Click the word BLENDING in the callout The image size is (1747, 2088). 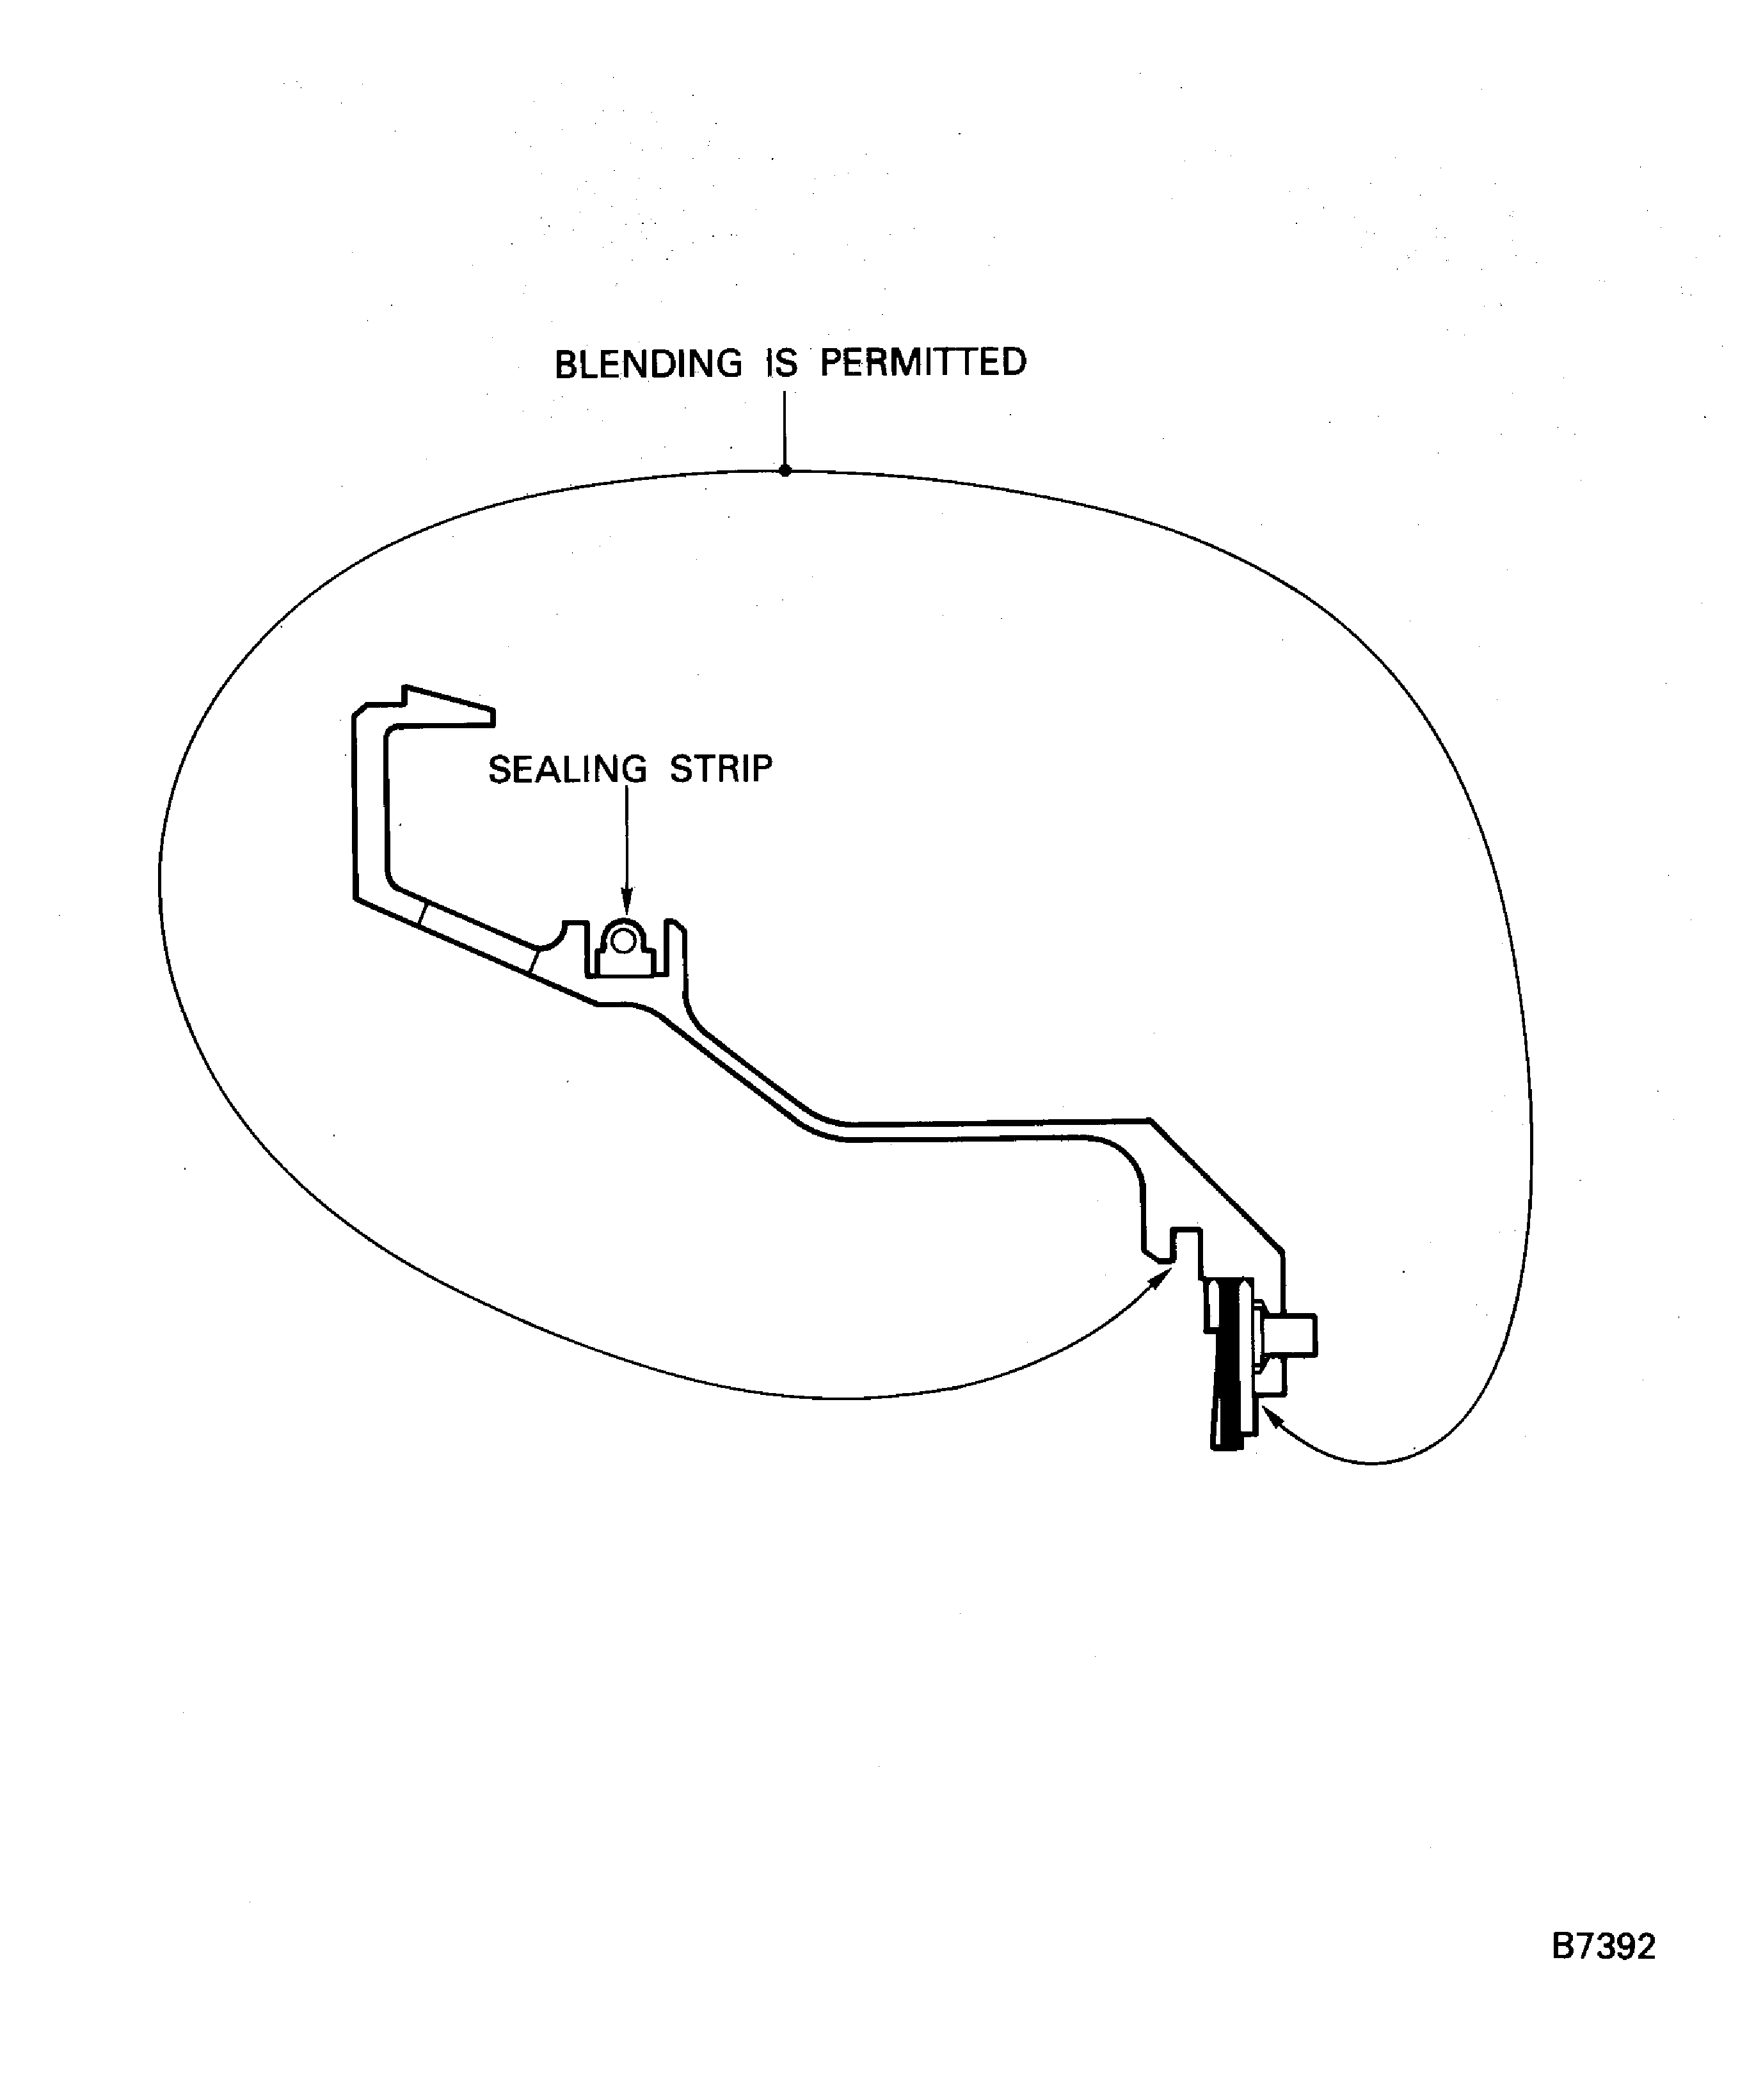[x=648, y=364]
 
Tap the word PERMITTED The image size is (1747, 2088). [x=923, y=362]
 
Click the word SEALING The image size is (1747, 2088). [x=567, y=770]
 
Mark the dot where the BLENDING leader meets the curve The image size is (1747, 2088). [x=785, y=470]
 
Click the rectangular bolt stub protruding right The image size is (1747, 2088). [x=1298, y=1335]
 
